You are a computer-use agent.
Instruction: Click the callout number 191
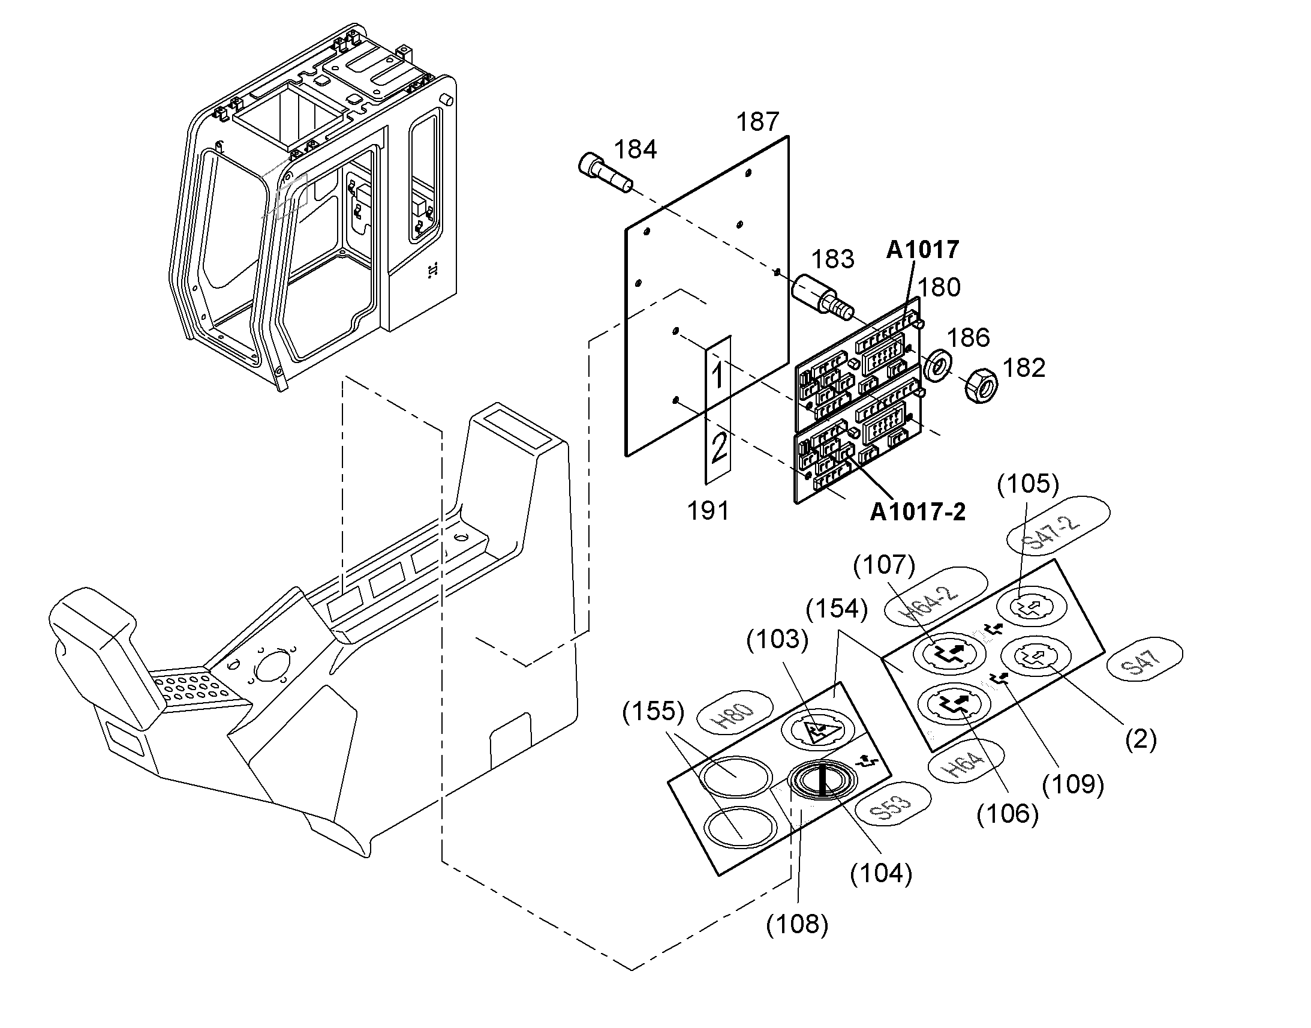[x=708, y=510]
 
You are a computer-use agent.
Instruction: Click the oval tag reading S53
[x=892, y=804]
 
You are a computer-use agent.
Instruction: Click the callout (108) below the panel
[x=797, y=922]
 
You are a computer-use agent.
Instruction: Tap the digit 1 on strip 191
[x=717, y=375]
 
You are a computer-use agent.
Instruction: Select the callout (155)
[x=653, y=712]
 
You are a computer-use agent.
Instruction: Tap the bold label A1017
[x=922, y=249]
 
